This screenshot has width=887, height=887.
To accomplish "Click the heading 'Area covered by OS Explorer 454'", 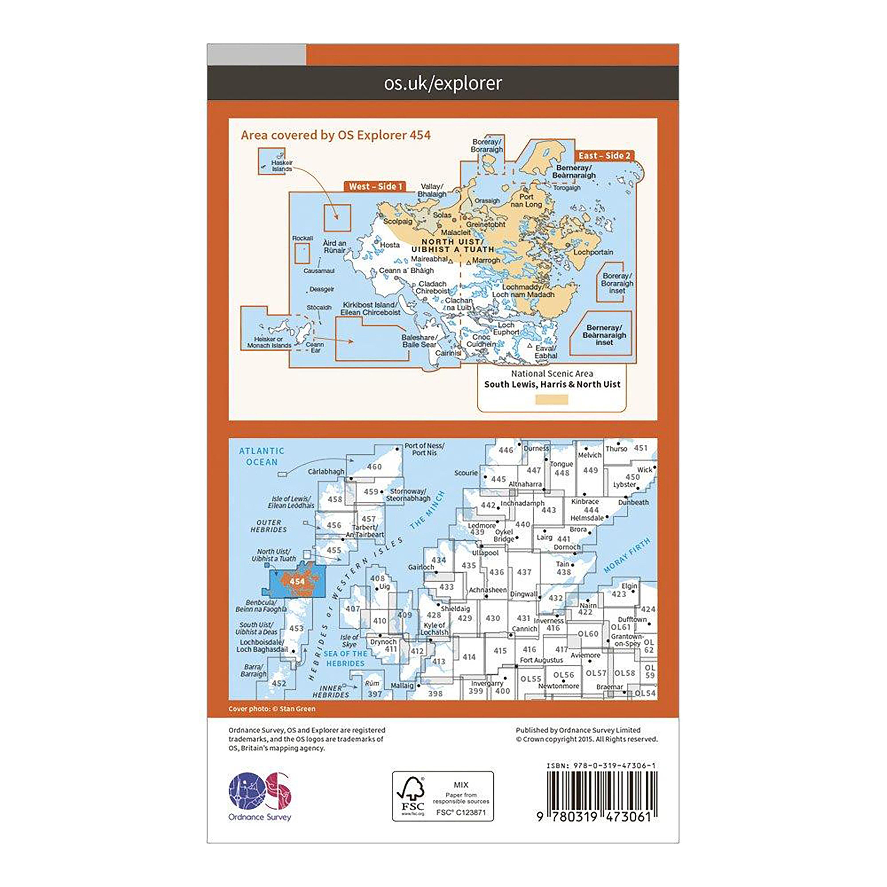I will (336, 135).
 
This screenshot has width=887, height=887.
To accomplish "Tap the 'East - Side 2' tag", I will (604, 156).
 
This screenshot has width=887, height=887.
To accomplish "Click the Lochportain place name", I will (593, 252).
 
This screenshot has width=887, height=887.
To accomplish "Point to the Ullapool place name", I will (485, 553).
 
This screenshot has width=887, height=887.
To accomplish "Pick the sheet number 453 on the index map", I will (296, 628).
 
